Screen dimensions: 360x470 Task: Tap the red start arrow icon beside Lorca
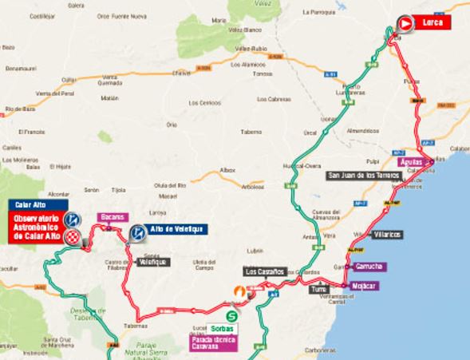(x=405, y=24)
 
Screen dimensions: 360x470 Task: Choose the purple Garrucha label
(x=369, y=266)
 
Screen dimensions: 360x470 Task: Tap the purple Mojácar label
(x=365, y=285)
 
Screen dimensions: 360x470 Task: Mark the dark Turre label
(x=320, y=288)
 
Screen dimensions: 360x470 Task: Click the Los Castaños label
(x=267, y=272)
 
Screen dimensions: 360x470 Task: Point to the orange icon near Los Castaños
(x=237, y=293)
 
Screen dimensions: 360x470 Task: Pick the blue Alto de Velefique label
(x=178, y=229)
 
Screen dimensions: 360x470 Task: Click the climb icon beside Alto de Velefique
(x=137, y=232)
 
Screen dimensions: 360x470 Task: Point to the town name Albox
(x=228, y=170)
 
